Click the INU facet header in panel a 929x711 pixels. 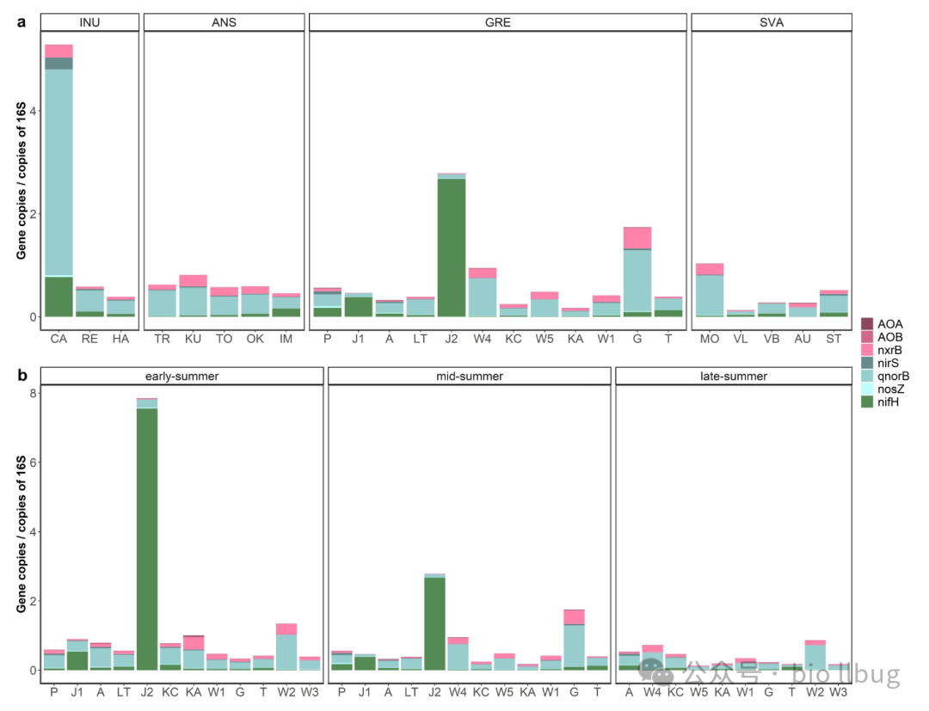(x=89, y=22)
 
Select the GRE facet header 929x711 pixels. (x=497, y=22)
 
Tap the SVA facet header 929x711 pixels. (x=772, y=22)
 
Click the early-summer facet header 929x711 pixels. (x=181, y=376)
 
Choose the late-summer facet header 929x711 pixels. (x=733, y=376)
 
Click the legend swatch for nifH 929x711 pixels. (x=868, y=402)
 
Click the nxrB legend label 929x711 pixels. (x=891, y=350)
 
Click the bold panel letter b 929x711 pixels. (x=22, y=376)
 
